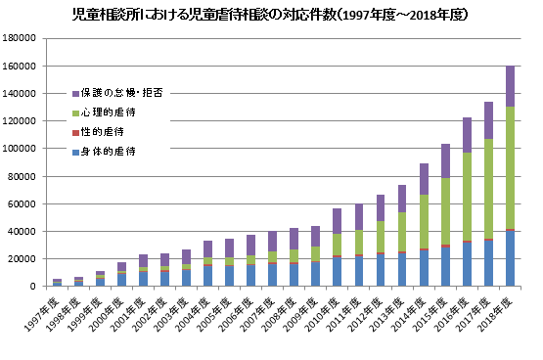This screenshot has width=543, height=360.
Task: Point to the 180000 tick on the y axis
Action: pyautogui.click(x=20, y=38)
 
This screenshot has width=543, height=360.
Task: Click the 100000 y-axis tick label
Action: pyautogui.click(x=20, y=149)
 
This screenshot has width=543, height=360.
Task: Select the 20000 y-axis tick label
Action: pyautogui.click(x=23, y=259)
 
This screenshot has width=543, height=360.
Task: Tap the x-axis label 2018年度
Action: pyautogui.click(x=498, y=311)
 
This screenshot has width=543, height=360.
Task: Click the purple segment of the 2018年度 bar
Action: pyautogui.click(x=511, y=86)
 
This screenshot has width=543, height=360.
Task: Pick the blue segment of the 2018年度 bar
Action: pyautogui.click(x=511, y=258)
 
